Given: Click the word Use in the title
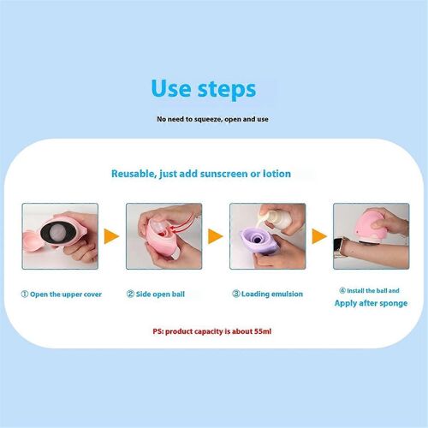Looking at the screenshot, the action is point(171,88).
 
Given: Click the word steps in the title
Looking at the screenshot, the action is point(227,90).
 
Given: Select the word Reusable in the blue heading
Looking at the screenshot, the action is point(134,174).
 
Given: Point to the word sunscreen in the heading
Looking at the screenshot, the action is point(224,174).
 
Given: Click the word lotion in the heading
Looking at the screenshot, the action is point(276,174).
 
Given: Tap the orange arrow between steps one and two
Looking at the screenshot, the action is point(111,236).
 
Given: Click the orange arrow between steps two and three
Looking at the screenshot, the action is point(216,236).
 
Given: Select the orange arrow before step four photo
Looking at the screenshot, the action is point(319,236).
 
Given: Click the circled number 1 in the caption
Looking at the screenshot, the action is point(25,294).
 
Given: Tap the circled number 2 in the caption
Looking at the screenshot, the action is point(130,294).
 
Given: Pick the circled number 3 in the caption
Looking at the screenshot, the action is point(236,294).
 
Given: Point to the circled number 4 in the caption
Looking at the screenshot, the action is point(342,290).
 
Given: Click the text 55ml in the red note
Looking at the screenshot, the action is point(263,331).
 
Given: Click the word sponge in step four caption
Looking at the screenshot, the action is point(393,304).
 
